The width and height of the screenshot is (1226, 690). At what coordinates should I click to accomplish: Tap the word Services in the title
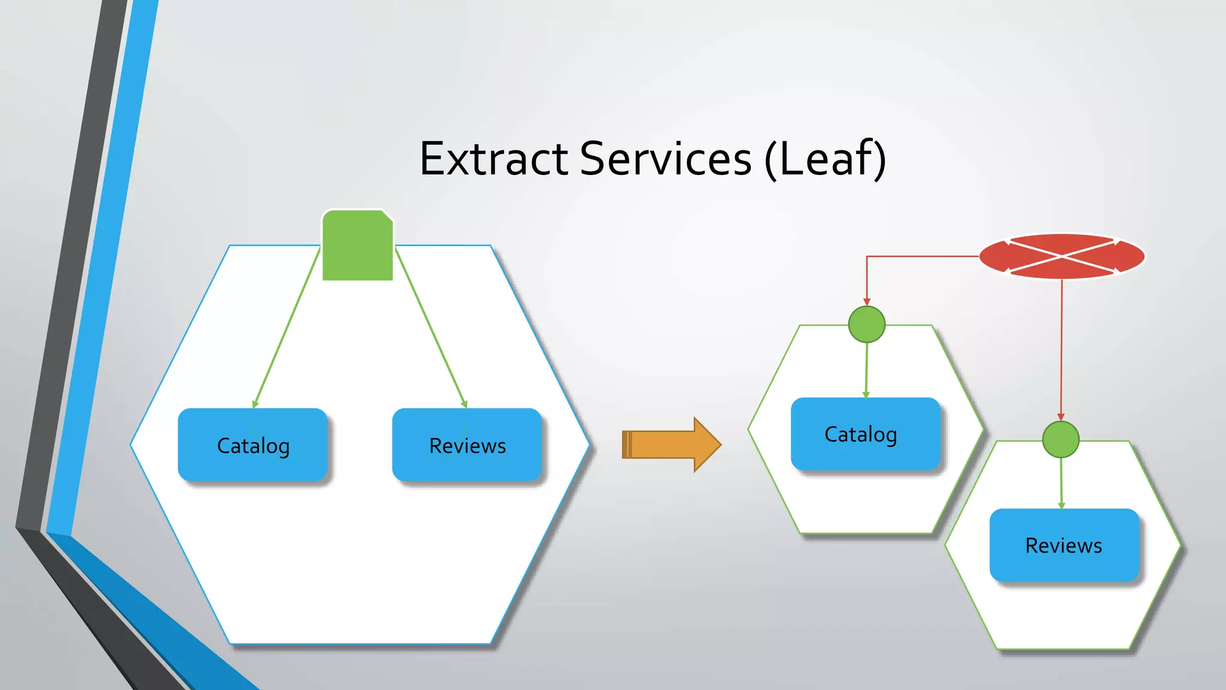point(665,159)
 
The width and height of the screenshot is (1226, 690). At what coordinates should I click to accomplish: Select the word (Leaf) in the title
point(825,159)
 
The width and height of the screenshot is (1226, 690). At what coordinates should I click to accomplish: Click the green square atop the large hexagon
point(357,246)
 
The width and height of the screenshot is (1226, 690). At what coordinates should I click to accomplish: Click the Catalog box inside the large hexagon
point(253,445)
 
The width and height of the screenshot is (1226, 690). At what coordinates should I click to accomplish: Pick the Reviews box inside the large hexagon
point(467,445)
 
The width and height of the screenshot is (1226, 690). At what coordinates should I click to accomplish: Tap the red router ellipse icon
point(1062,256)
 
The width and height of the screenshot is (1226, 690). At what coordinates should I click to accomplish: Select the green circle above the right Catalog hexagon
point(866,325)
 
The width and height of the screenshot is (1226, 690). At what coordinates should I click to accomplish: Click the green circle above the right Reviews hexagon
point(1060,440)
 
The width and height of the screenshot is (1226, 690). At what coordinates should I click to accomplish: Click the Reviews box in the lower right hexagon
point(1064,545)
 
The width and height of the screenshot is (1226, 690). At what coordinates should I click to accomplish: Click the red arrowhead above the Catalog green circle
point(866,301)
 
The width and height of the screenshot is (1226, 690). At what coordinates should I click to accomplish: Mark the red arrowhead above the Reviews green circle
point(1061,416)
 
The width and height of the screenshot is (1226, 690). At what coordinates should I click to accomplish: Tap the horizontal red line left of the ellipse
point(922,256)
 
